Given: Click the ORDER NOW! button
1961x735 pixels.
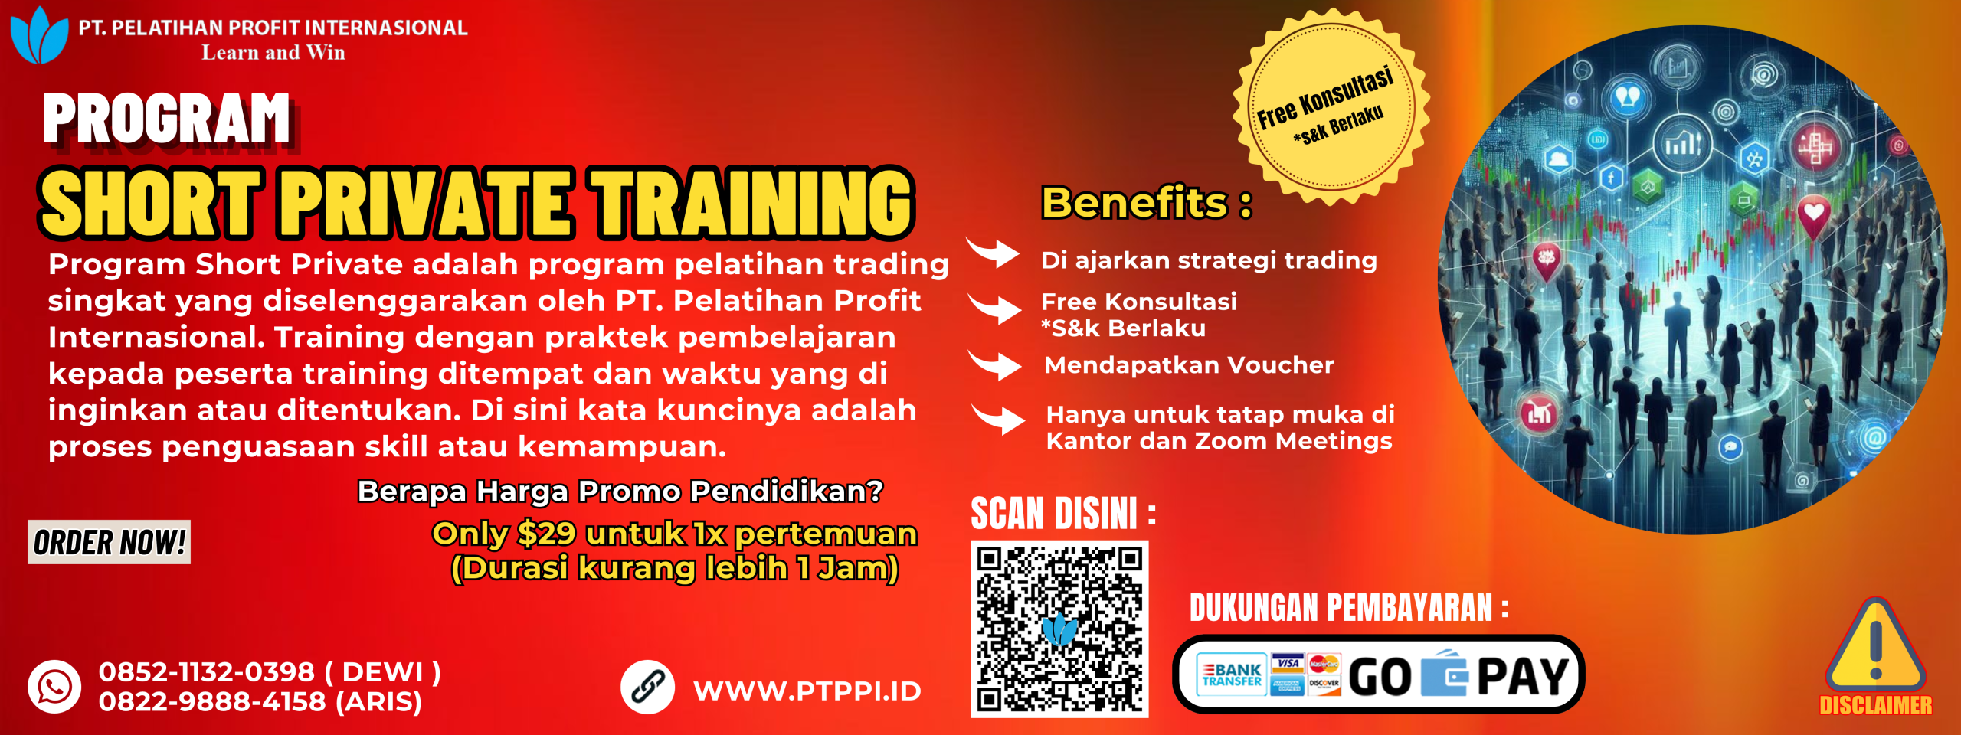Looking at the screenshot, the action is click(x=109, y=542).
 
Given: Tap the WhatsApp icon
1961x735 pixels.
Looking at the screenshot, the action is click(x=54, y=687).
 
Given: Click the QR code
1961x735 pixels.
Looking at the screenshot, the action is click(x=1059, y=629).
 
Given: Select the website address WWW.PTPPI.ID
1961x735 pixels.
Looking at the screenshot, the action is click(x=807, y=691).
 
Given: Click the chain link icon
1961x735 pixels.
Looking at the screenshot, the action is click(x=647, y=687).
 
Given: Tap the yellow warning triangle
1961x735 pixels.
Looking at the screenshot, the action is click(x=1874, y=645).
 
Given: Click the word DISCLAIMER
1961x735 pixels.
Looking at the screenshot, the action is click(x=1876, y=705).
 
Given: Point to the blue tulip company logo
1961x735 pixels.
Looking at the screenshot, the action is click(x=38, y=35).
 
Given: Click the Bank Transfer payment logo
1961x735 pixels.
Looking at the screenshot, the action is click(x=1231, y=675).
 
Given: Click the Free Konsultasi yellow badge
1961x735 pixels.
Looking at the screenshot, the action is click(x=1331, y=106).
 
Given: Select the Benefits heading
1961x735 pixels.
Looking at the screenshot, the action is click(x=1147, y=203).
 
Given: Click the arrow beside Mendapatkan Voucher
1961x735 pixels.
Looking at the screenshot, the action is click(x=995, y=365).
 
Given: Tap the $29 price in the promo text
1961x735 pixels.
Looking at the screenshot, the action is click(x=546, y=534).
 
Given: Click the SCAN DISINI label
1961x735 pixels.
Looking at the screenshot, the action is click(x=1063, y=513).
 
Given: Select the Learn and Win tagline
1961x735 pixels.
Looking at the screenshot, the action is click(x=273, y=52).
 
